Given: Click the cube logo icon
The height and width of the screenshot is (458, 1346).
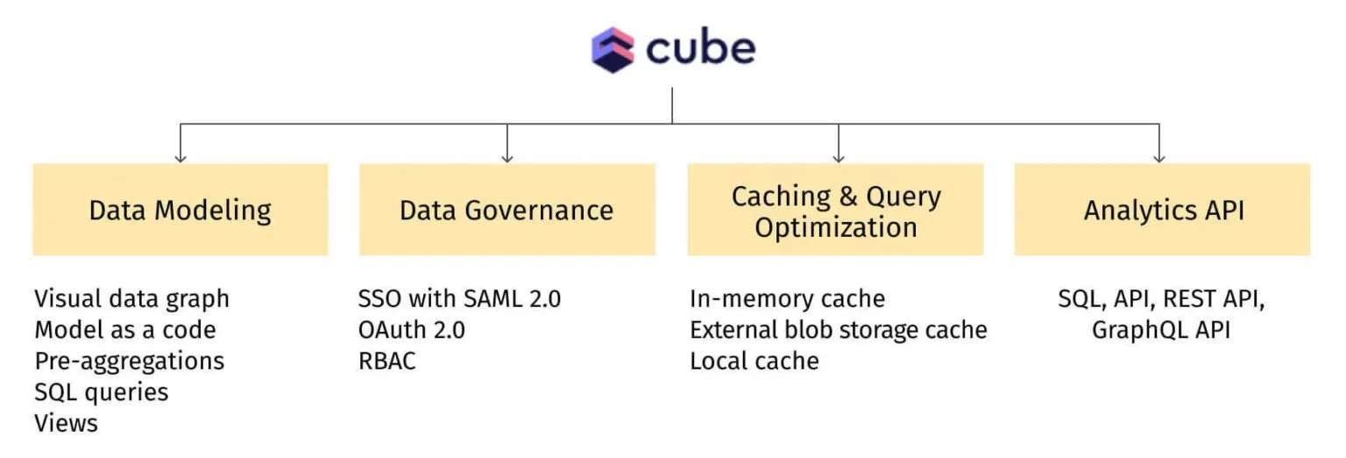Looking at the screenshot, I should point(613,49).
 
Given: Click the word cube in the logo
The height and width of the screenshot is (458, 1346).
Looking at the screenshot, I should point(700,49).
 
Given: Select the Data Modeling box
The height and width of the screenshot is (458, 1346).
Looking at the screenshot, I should point(181,210).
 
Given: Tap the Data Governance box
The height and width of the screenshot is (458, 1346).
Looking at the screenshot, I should point(507,210).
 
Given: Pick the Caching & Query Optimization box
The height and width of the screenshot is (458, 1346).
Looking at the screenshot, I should point(835,211).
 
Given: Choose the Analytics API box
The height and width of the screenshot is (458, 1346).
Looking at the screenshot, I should point(1163,210).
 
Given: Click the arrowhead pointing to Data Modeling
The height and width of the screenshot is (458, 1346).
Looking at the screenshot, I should point(181,157).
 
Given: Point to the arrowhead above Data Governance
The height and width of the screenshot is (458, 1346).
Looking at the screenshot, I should point(507,157).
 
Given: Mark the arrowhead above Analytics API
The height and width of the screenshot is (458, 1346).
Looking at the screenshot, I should point(1159,157).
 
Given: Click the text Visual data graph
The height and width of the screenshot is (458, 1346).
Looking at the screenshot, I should point(131,298).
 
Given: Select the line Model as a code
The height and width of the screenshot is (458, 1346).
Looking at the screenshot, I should point(125,330).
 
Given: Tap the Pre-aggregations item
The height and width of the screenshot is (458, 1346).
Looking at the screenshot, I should point(130,361).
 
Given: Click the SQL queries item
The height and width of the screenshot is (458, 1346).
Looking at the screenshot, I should point(102,391).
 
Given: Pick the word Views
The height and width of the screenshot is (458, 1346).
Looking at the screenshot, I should point(67,423).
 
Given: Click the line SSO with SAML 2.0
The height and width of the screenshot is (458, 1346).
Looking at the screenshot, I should point(459,298).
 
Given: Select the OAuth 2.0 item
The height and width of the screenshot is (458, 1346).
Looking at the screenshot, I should point(412,330).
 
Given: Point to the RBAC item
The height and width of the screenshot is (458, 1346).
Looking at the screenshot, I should point(386,361).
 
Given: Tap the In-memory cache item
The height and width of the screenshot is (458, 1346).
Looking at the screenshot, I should point(787,298).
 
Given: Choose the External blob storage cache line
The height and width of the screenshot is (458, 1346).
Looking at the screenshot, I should point(839,330).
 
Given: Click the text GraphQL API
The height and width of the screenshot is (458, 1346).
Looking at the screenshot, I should point(1161,330).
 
